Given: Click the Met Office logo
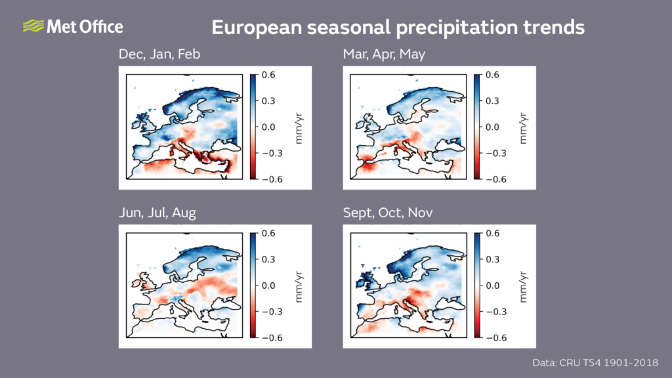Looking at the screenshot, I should [72, 27].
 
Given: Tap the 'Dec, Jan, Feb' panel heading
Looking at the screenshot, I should [159, 54].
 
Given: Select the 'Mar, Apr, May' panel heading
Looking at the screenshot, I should [384, 54].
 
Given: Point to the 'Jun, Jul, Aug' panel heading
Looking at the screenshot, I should [157, 213].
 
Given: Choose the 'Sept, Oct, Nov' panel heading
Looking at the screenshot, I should [388, 213].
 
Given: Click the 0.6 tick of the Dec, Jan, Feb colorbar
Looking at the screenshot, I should [268, 75].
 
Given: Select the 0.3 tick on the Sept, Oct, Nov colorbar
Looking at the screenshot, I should [492, 259].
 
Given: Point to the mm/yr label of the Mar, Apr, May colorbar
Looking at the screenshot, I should [523, 127].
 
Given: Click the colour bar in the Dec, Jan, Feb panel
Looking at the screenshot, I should [253, 127].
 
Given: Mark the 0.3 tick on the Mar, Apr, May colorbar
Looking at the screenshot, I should [492, 101].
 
